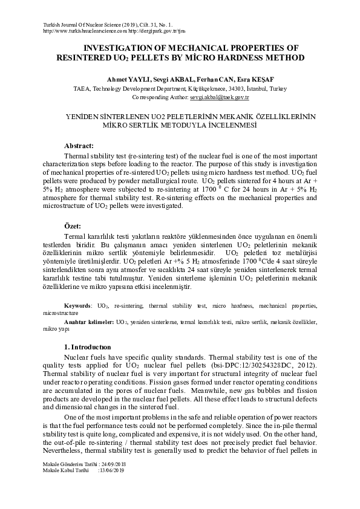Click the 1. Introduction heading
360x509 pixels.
click(x=87, y=347)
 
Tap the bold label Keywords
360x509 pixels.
click(x=77, y=307)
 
